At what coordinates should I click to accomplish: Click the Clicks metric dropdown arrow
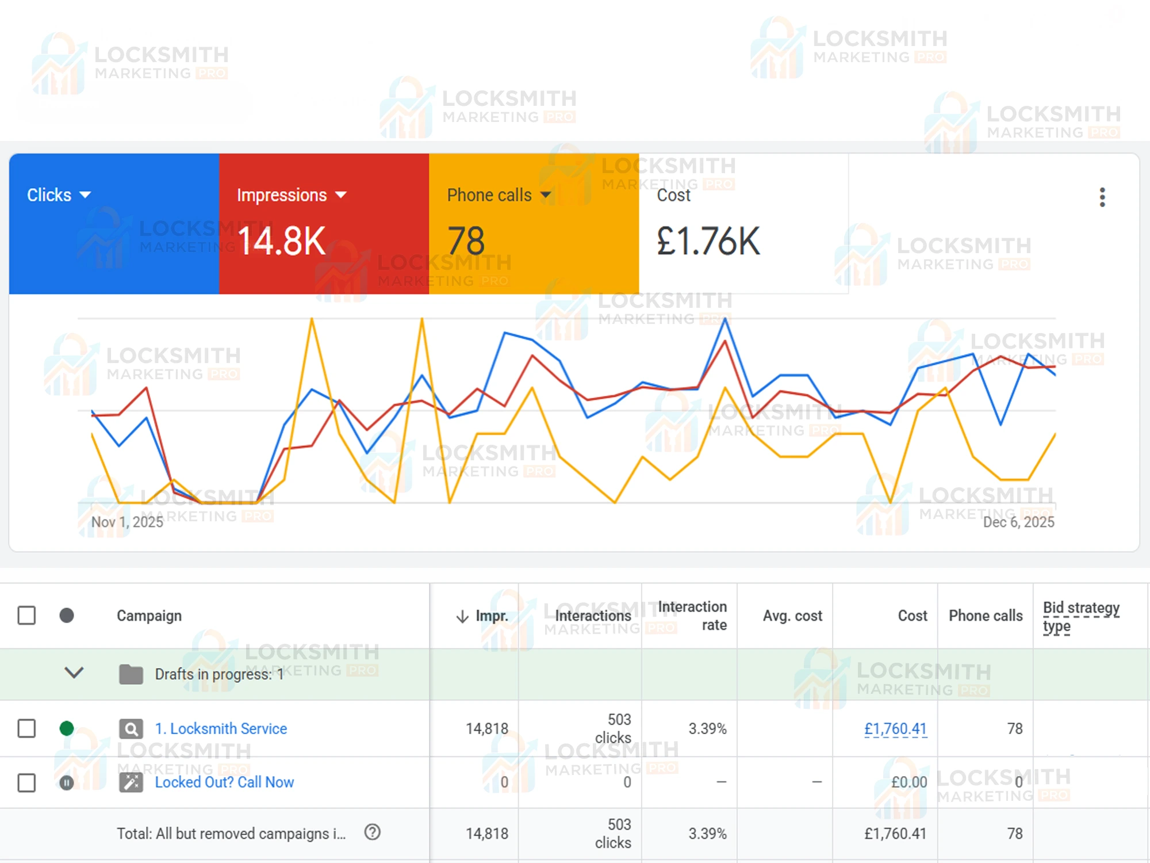point(85,195)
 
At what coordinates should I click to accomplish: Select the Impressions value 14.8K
point(281,241)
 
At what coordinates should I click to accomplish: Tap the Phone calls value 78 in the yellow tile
point(466,241)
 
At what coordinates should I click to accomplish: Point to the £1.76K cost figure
point(708,241)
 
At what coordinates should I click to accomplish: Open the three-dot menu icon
point(1102,197)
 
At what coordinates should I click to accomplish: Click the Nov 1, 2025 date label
point(127,522)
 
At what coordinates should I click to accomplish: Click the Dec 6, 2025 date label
point(1018,522)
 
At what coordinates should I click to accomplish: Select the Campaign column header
point(149,616)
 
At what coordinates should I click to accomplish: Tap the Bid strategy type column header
point(1080,616)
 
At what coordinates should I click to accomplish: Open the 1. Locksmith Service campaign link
point(221,728)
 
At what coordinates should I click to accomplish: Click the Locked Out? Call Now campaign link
point(224,782)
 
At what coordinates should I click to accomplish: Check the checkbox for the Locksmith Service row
point(26,728)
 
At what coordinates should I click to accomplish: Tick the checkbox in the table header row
point(26,616)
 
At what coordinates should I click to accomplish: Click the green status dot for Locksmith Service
point(67,728)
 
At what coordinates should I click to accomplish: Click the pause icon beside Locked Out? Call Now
point(67,782)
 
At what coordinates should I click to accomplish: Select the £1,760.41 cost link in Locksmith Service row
point(895,729)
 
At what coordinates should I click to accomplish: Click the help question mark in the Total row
point(373,832)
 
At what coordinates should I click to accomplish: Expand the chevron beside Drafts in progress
point(74,673)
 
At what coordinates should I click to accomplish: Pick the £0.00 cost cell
point(908,782)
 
